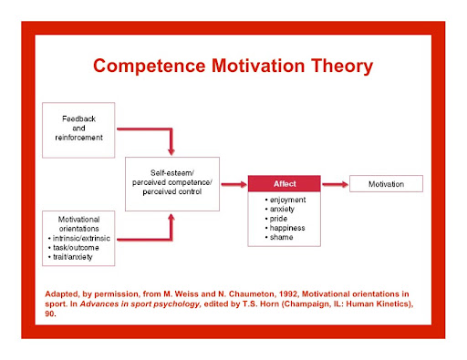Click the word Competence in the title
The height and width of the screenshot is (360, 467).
pos(150,66)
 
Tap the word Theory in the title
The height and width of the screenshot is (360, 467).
pos(342,67)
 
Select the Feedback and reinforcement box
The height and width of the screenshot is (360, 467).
pos(78,130)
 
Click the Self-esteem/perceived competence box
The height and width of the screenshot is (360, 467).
pos(172,184)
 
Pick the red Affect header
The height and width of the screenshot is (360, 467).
pos(285,183)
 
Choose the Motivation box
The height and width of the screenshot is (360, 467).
pos(386,183)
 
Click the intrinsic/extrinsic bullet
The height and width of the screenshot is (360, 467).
pos(79,238)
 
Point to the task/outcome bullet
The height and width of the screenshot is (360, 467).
pos(74,248)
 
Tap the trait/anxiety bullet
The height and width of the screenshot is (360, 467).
pos(70,257)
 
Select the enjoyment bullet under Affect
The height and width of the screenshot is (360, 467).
pos(285,200)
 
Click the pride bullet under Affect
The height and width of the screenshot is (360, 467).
pos(276,219)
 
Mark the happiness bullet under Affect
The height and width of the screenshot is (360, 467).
pos(285,228)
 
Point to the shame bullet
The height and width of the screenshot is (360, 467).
pos(279,237)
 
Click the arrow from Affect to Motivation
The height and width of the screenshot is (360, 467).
pos(335,184)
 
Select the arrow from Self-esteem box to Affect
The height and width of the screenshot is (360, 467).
pos(233,184)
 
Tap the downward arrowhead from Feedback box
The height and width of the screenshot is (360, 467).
pos(171,151)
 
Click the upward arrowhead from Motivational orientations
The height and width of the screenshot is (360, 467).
pos(171,217)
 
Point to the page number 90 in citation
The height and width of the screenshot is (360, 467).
pos(50,314)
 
